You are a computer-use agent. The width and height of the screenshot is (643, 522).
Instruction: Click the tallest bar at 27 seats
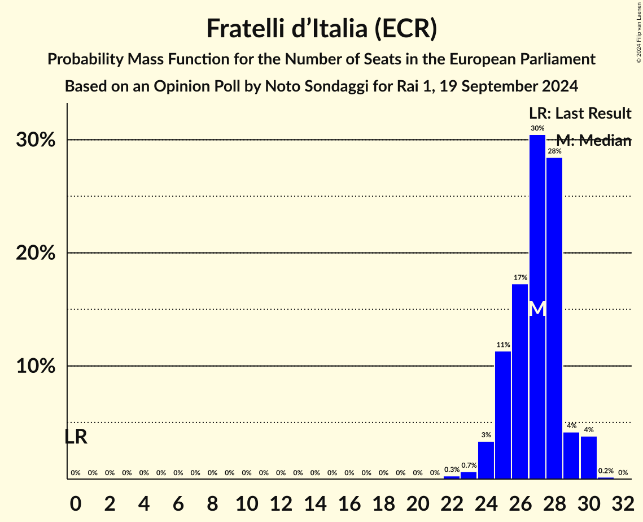coord(537,226)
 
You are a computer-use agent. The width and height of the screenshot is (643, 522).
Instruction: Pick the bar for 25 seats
coord(503,415)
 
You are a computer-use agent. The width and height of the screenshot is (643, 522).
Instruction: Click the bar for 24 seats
coord(485,460)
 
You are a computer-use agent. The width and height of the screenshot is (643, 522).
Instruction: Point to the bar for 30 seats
coord(588,458)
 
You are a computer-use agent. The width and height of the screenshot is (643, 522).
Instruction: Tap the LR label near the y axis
coord(76,437)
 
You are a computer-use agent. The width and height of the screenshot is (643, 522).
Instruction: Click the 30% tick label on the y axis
coord(35,140)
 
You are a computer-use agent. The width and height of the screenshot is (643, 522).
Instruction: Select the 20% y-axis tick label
coord(35,253)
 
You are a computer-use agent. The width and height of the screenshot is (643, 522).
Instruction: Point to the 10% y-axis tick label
coord(35,366)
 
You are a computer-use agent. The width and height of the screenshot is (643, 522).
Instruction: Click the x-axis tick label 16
coord(349,501)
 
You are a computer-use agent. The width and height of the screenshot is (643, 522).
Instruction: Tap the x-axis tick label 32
coord(623,501)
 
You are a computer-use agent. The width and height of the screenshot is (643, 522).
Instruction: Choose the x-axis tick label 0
coord(76,501)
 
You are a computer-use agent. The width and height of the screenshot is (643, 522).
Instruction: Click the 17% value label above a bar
coord(520,277)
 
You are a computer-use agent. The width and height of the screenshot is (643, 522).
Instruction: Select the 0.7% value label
coord(469,466)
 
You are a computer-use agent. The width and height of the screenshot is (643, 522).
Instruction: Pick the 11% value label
coord(503,345)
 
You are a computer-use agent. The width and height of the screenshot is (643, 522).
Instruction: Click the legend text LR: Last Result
coord(580,114)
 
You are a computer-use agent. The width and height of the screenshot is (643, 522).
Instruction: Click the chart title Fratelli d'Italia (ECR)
coord(321,28)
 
